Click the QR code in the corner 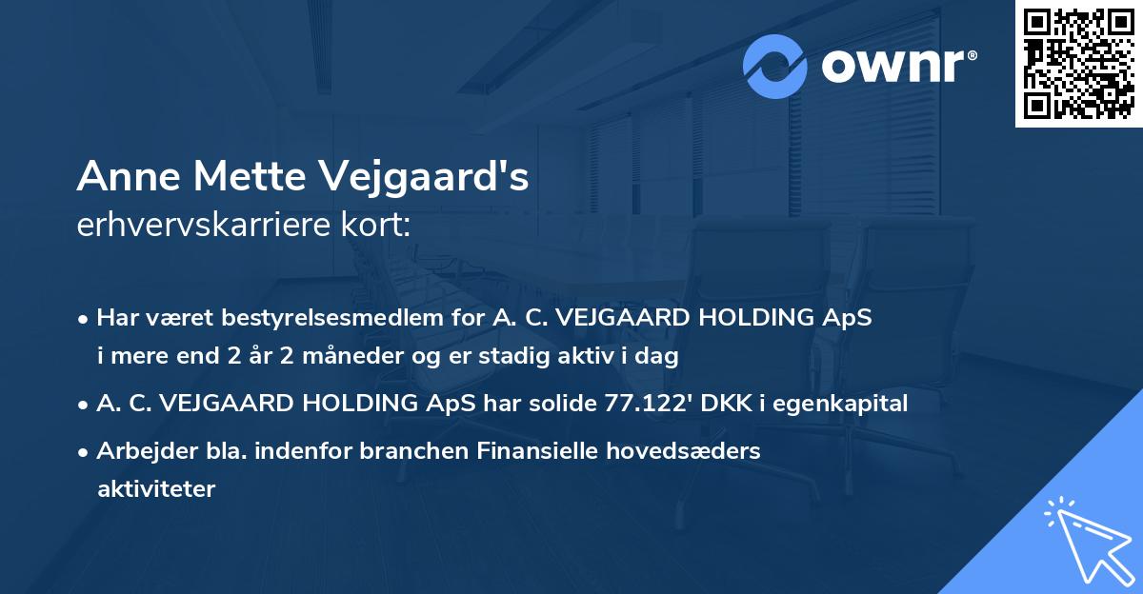pos(1078,64)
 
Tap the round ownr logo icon pos(775,67)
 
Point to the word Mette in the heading pos(241,177)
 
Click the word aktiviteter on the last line pos(156,489)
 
